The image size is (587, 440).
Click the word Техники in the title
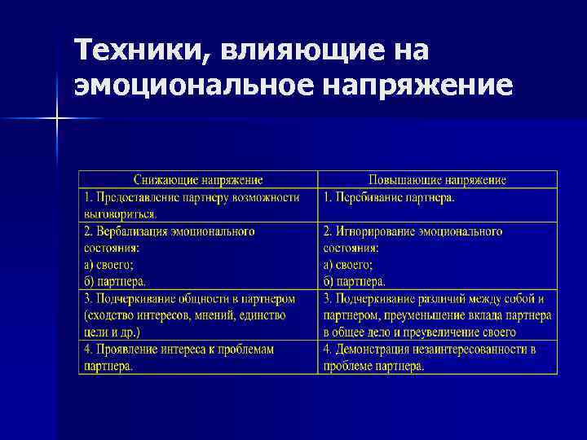pyautogui.click(x=135, y=51)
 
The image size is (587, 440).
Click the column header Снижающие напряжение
pyautogui.click(x=197, y=180)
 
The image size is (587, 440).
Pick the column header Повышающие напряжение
pyautogui.click(x=437, y=180)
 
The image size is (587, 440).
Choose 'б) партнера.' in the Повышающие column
pyautogui.click(x=355, y=281)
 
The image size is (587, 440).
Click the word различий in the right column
pyautogui.click(x=445, y=299)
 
